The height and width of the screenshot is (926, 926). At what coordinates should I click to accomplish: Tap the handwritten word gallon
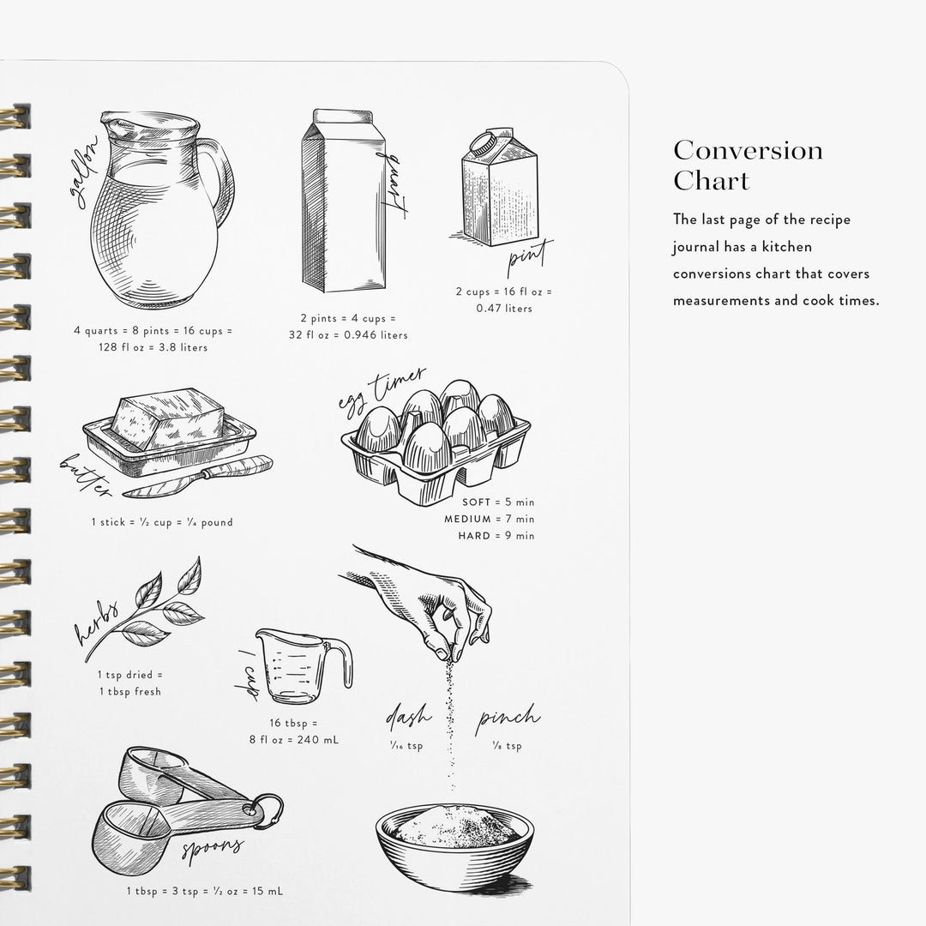[x=84, y=171]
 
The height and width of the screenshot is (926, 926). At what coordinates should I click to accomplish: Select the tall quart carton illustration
[x=341, y=201]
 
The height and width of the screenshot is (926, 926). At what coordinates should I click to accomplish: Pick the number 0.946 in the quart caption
[x=360, y=335]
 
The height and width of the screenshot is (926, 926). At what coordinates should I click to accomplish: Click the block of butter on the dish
[x=167, y=418]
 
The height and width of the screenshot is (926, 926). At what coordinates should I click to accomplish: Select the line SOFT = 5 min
[x=497, y=502]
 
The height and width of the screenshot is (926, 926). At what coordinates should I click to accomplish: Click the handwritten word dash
[x=408, y=717]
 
